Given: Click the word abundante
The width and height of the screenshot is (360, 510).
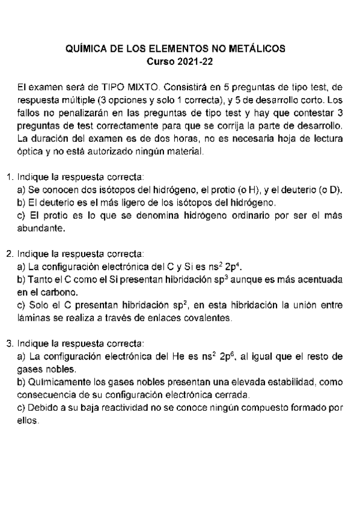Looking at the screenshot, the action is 41,229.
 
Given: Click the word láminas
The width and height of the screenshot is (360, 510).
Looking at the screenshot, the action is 33,318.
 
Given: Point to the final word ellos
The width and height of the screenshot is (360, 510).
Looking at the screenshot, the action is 28,421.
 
